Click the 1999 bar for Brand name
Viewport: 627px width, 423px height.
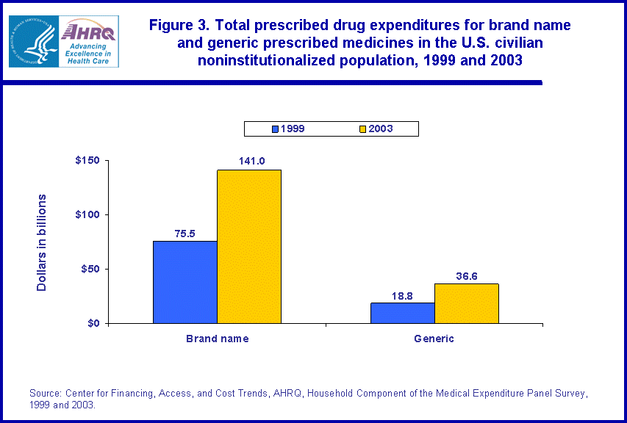(184, 282)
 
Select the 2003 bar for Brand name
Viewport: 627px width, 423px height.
(249, 247)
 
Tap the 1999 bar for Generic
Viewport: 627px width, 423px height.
(402, 313)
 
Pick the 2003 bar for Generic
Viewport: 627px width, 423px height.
(466, 303)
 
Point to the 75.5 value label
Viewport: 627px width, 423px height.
(184, 234)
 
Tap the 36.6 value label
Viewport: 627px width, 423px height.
(466, 276)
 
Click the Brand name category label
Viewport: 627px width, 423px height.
(217, 339)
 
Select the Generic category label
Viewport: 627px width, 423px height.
(434, 339)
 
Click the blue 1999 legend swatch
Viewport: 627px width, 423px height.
(276, 129)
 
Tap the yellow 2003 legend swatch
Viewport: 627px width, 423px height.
(362, 129)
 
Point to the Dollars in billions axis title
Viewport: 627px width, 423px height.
(42, 242)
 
